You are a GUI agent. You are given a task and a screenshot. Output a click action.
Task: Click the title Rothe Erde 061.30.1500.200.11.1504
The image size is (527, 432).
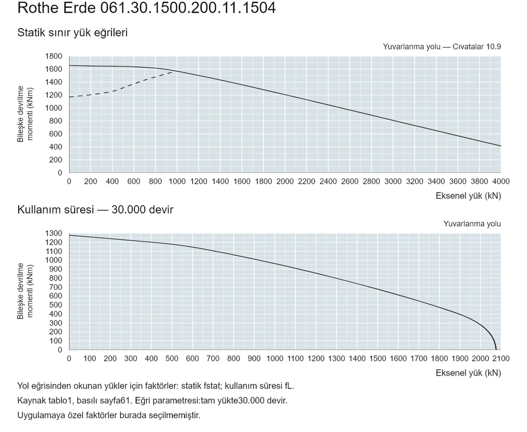coord(147,8)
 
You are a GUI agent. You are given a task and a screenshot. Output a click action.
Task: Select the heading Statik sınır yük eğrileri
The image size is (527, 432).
coord(72,32)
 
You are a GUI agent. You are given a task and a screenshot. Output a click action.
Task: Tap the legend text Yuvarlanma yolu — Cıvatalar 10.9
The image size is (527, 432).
coord(441,47)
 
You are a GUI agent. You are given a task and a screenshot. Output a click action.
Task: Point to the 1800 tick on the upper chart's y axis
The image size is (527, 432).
coord(54,56)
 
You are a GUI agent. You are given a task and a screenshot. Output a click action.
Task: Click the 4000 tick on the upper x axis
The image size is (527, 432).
coord(501,182)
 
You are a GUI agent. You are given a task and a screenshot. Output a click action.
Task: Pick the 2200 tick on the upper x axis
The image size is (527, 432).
coord(306,182)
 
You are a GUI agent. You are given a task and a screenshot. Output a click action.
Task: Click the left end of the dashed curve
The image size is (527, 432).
coord(70,97)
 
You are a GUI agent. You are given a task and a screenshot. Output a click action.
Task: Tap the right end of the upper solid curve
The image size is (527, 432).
coord(501,146)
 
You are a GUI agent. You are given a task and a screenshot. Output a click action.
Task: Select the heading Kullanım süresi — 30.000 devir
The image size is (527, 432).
coord(95,210)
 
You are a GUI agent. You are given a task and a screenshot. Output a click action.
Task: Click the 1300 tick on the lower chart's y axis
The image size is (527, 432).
coord(54,233)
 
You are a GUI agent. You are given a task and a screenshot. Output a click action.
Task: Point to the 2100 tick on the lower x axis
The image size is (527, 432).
coord(501,358)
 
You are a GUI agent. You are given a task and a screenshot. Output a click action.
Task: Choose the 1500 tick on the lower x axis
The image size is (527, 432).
coord(378,358)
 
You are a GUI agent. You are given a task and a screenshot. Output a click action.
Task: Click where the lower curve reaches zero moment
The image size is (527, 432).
coord(496,350)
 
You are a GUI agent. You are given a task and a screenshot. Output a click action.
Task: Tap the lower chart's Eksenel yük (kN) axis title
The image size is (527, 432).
coord(468,373)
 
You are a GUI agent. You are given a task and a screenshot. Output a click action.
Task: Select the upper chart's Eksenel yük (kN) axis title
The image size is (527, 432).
coord(468,195)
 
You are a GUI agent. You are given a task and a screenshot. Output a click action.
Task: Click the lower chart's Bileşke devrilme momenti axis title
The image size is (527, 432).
coord(25,291)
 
